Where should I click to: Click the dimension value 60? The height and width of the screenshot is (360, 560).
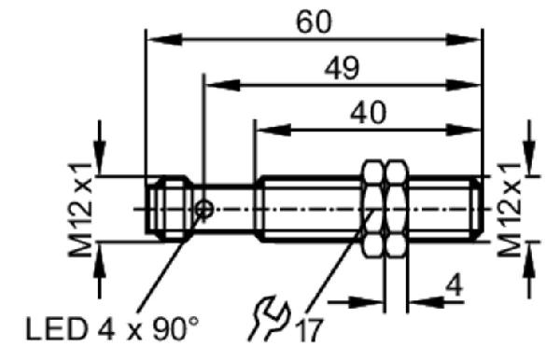[314, 22]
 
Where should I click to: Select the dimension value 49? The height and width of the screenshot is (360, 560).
[342, 68]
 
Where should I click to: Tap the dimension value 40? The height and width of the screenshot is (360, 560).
[368, 113]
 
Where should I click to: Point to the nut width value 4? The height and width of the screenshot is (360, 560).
[455, 285]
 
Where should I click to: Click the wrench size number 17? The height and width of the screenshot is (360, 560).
[310, 330]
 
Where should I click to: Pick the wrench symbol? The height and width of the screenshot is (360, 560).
[269, 317]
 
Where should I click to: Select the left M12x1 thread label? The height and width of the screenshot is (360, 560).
[80, 210]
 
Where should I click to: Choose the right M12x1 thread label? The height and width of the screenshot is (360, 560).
[510, 210]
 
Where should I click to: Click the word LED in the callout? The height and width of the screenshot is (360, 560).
[56, 329]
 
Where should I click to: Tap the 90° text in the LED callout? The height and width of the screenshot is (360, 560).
[175, 328]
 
